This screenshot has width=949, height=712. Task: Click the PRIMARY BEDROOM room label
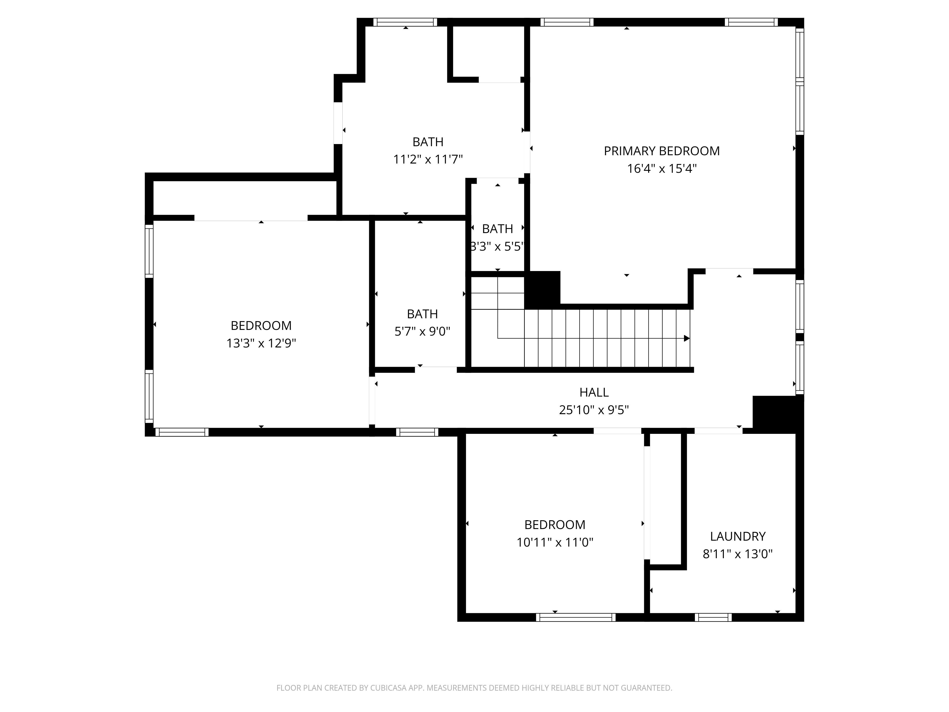pyautogui.click(x=661, y=151)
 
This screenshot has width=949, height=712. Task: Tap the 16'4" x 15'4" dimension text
pyautogui.click(x=661, y=169)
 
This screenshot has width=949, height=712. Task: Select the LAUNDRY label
pyautogui.click(x=737, y=536)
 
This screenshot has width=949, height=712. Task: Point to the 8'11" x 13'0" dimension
pyautogui.click(x=737, y=554)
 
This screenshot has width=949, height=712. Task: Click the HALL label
pyautogui.click(x=594, y=392)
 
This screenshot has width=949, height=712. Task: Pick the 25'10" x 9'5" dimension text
pyautogui.click(x=594, y=410)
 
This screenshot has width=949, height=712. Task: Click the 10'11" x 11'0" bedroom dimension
pyautogui.click(x=555, y=543)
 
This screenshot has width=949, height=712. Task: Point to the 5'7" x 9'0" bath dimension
pyautogui.click(x=422, y=331)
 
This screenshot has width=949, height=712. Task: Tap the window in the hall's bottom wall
pyautogui.click(x=417, y=432)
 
